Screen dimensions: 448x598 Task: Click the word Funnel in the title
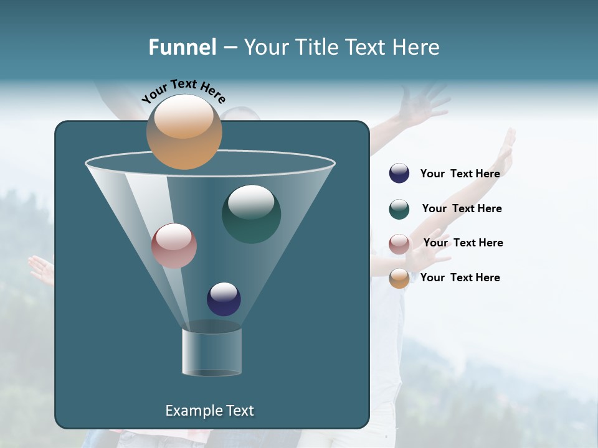(x=182, y=47)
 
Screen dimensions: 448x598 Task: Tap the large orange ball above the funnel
(x=184, y=131)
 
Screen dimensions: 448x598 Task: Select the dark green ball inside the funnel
(x=251, y=214)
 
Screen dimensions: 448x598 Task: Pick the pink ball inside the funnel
(x=174, y=246)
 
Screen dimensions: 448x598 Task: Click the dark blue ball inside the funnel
(x=224, y=299)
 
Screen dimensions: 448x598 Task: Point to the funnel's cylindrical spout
(x=211, y=352)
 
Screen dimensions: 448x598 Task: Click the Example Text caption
(x=209, y=411)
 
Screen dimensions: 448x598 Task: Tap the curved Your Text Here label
(x=183, y=91)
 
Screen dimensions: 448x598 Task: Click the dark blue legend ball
(x=399, y=174)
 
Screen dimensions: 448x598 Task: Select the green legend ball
(x=399, y=209)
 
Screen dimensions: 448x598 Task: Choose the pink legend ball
(x=399, y=244)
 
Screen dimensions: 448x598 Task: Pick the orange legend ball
(x=399, y=278)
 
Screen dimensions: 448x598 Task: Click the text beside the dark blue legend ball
(x=460, y=174)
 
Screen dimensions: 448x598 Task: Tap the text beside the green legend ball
(x=462, y=208)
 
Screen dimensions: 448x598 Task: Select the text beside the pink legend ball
(x=463, y=243)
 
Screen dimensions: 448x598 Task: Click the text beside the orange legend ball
(x=460, y=278)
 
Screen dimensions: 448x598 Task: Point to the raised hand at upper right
(x=424, y=103)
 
